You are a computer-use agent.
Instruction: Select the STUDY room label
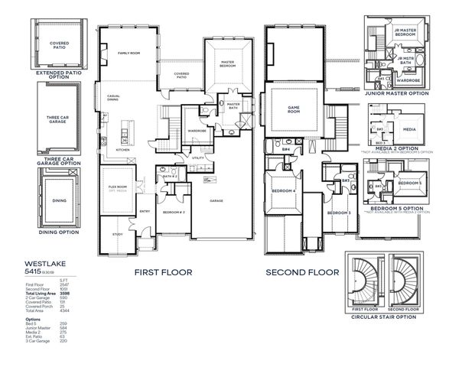pos(117,234)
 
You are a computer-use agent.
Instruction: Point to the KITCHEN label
pos(122,150)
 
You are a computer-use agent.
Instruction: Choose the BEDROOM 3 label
pos(339,212)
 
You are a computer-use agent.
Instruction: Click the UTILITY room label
pos(197,158)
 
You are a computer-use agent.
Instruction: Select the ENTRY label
pos(145,211)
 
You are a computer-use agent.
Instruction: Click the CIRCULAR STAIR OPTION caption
pos(385,316)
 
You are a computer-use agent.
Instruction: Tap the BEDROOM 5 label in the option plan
pos(410,183)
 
